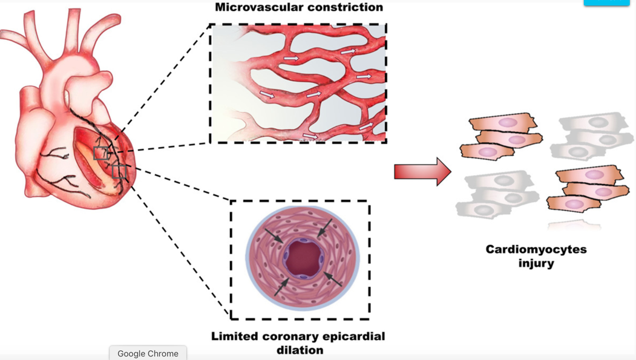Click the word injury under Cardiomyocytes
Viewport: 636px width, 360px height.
536,263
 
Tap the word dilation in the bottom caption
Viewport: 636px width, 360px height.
300,350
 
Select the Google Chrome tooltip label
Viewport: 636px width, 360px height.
148,353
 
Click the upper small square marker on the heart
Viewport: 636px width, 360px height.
101,153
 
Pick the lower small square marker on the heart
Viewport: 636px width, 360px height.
119,171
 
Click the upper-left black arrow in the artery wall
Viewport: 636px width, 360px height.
274,237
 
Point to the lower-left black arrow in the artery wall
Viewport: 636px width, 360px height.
281,287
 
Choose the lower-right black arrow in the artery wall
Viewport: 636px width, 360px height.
333,279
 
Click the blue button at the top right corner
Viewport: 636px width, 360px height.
606,2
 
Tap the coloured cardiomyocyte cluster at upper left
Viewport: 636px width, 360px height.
501,136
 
